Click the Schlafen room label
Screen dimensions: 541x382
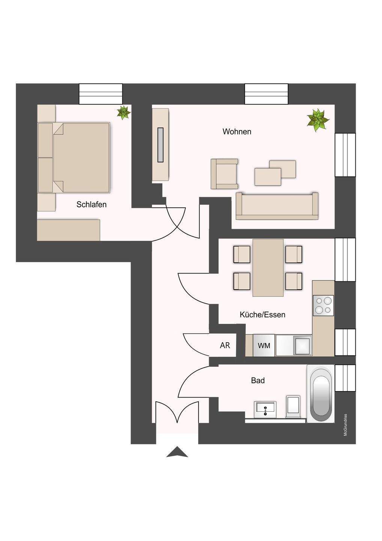tap(91, 205)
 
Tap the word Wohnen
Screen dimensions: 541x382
tap(237, 132)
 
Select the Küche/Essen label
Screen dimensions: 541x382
tap(262, 315)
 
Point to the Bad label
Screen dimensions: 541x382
tap(258, 381)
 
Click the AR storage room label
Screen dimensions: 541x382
tap(225, 345)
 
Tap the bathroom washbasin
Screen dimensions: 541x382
tap(265, 409)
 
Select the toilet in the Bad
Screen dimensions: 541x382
tap(293, 406)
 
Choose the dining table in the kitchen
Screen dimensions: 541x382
tap(268, 267)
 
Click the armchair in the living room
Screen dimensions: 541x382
tap(224, 174)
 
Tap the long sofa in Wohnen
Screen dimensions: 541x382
tap(277, 206)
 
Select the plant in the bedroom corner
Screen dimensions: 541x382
tap(123, 112)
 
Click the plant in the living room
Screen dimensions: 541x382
tap(317, 120)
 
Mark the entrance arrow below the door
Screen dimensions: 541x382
tap(177, 452)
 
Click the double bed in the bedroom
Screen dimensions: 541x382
tap(81, 157)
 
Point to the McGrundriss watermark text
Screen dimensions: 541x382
tap(345, 425)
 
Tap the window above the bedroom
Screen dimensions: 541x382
tap(101, 94)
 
